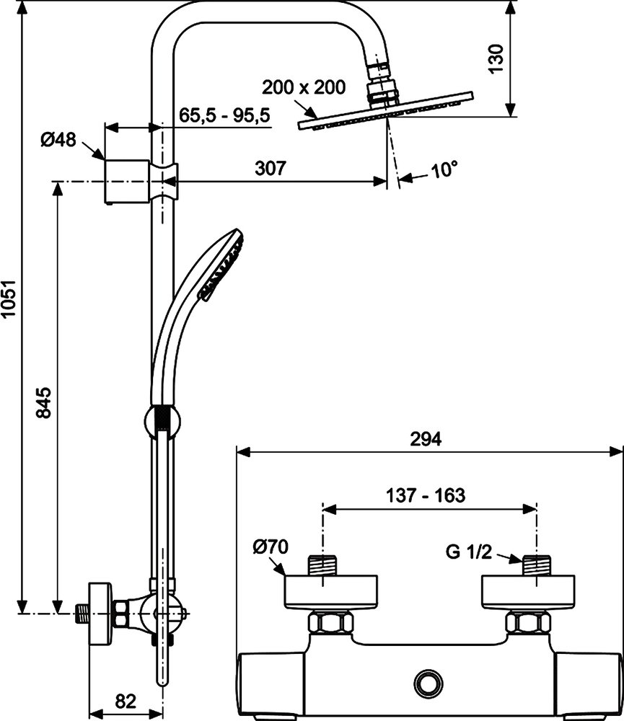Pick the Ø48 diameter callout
pyautogui.click(x=58, y=140)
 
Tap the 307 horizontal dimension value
pyautogui.click(x=271, y=169)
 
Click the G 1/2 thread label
pyautogui.click(x=469, y=554)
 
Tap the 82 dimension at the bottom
pyautogui.click(x=126, y=700)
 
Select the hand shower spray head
pyautogui.click(x=223, y=266)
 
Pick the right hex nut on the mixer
pyautogui.click(x=530, y=622)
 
